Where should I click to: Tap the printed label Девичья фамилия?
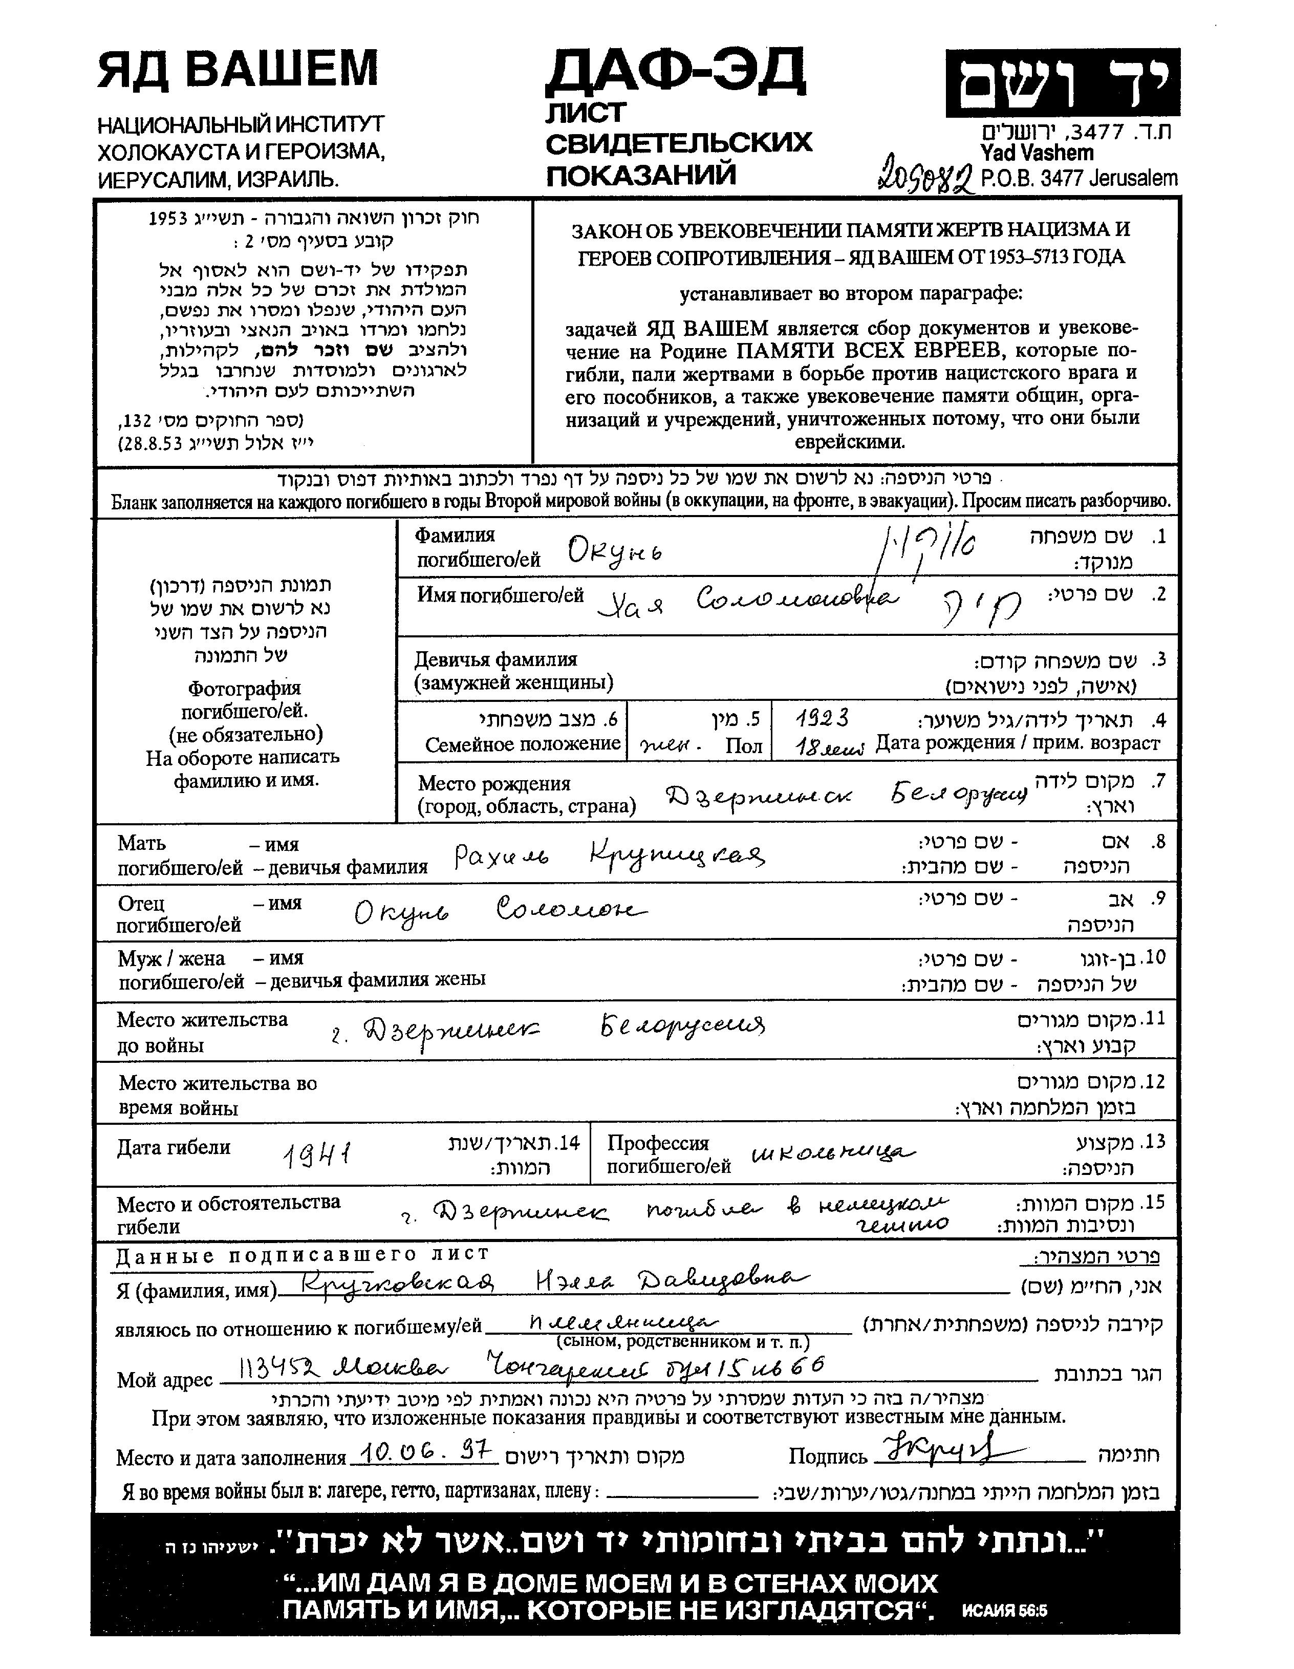coord(496,659)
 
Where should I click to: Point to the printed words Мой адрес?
coord(164,1380)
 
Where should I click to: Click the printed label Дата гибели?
coord(174,1147)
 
